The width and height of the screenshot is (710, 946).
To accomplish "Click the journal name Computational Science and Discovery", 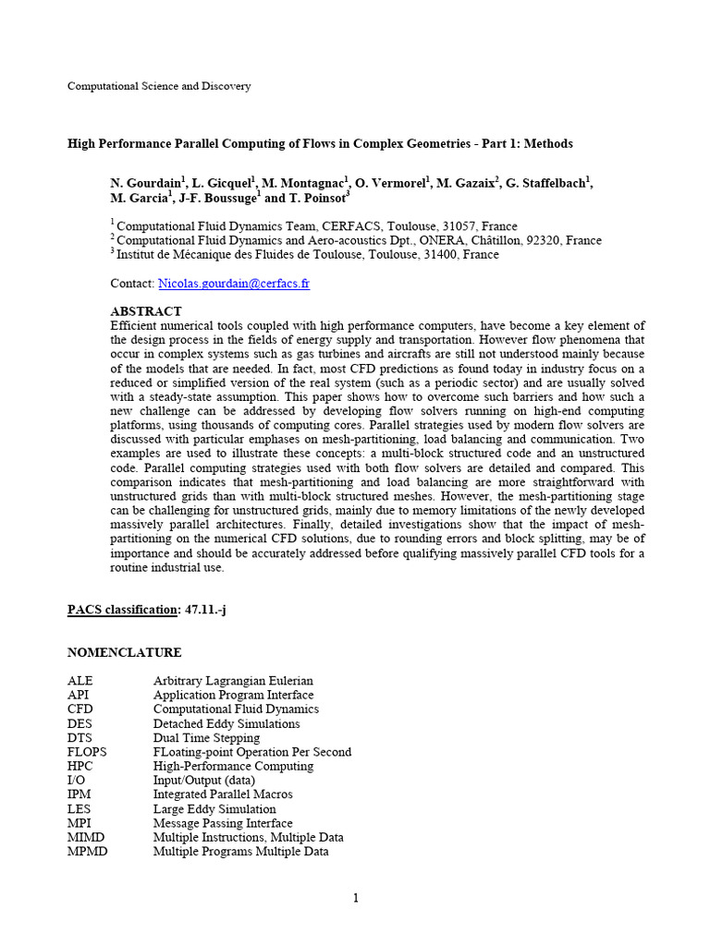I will (x=159, y=86).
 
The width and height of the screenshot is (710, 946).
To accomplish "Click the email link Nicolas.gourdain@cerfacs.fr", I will (x=234, y=284).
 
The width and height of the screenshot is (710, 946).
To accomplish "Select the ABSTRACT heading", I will (x=146, y=311).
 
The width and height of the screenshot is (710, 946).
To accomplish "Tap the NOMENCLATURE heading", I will (x=124, y=652).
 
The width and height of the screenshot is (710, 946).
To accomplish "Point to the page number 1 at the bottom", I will (x=355, y=898).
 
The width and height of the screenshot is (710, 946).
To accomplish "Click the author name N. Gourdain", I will (x=146, y=183).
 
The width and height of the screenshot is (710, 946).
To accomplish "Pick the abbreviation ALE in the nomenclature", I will (x=80, y=681).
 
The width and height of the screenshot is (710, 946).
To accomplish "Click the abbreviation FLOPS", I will (x=87, y=752).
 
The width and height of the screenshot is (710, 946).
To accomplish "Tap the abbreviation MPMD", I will (x=87, y=851).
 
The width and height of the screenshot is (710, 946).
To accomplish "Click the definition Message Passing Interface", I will (x=223, y=823).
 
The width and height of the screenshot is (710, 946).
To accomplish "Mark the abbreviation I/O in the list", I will (x=78, y=780).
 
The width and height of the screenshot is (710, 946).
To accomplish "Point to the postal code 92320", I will (x=544, y=240).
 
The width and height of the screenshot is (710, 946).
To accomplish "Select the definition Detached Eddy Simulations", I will (x=226, y=723).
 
